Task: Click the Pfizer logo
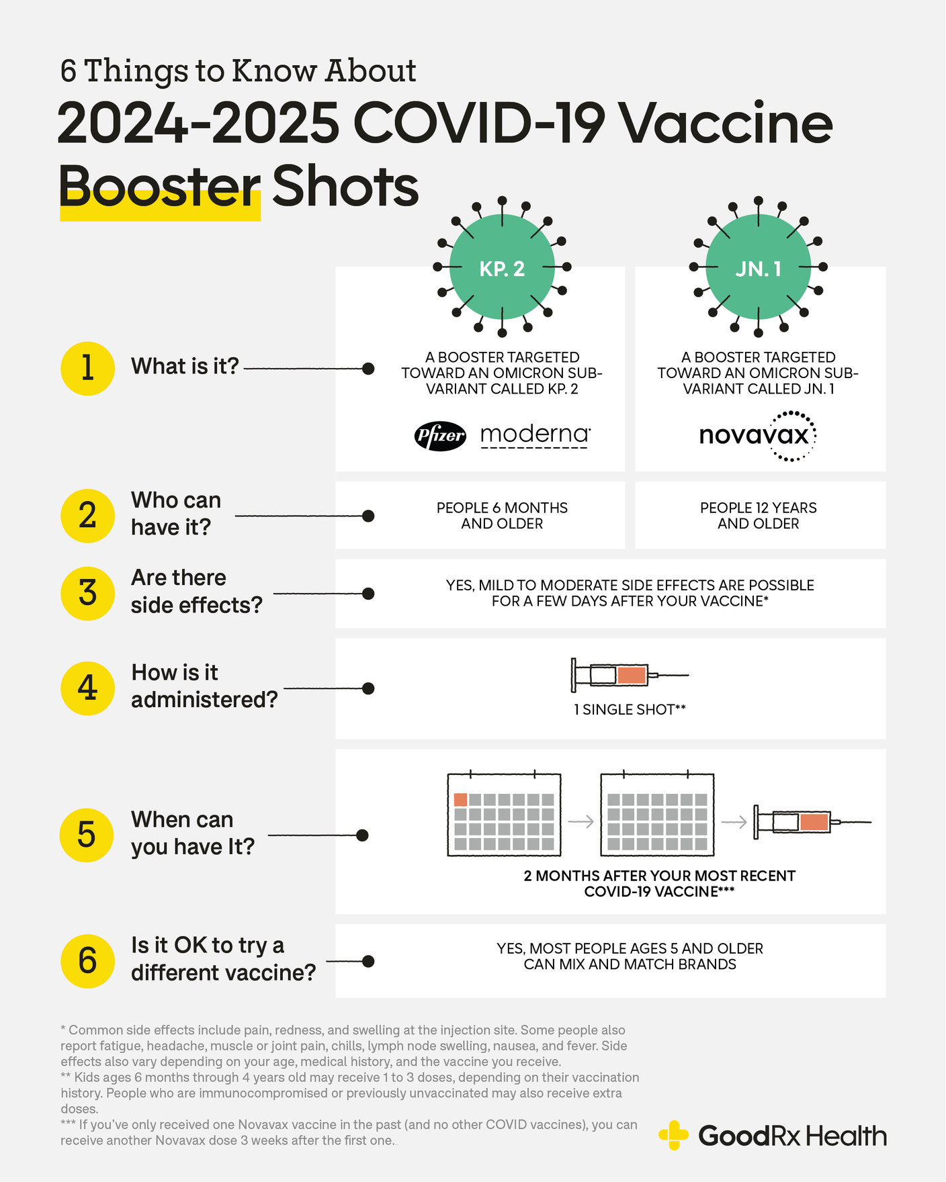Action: [440, 436]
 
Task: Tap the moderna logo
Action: [535, 435]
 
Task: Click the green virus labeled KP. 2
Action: [502, 267]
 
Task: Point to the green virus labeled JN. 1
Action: [758, 267]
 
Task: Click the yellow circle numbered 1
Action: [87, 368]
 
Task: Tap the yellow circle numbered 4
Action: [87, 688]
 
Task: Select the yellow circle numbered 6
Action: [87, 960]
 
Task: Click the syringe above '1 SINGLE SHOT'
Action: [630, 675]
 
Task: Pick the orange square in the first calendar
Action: [460, 799]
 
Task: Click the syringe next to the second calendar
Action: [812, 822]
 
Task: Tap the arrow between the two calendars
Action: [580, 821]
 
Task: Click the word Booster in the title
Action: [159, 187]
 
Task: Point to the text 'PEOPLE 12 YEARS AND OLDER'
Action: [758, 516]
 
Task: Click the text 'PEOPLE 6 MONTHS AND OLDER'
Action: [502, 516]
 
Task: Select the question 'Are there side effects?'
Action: [196, 592]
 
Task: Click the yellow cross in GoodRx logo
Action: [673, 1135]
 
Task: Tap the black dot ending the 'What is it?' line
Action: [368, 369]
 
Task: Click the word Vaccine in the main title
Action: [724, 124]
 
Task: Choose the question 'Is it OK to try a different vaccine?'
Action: [223, 959]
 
